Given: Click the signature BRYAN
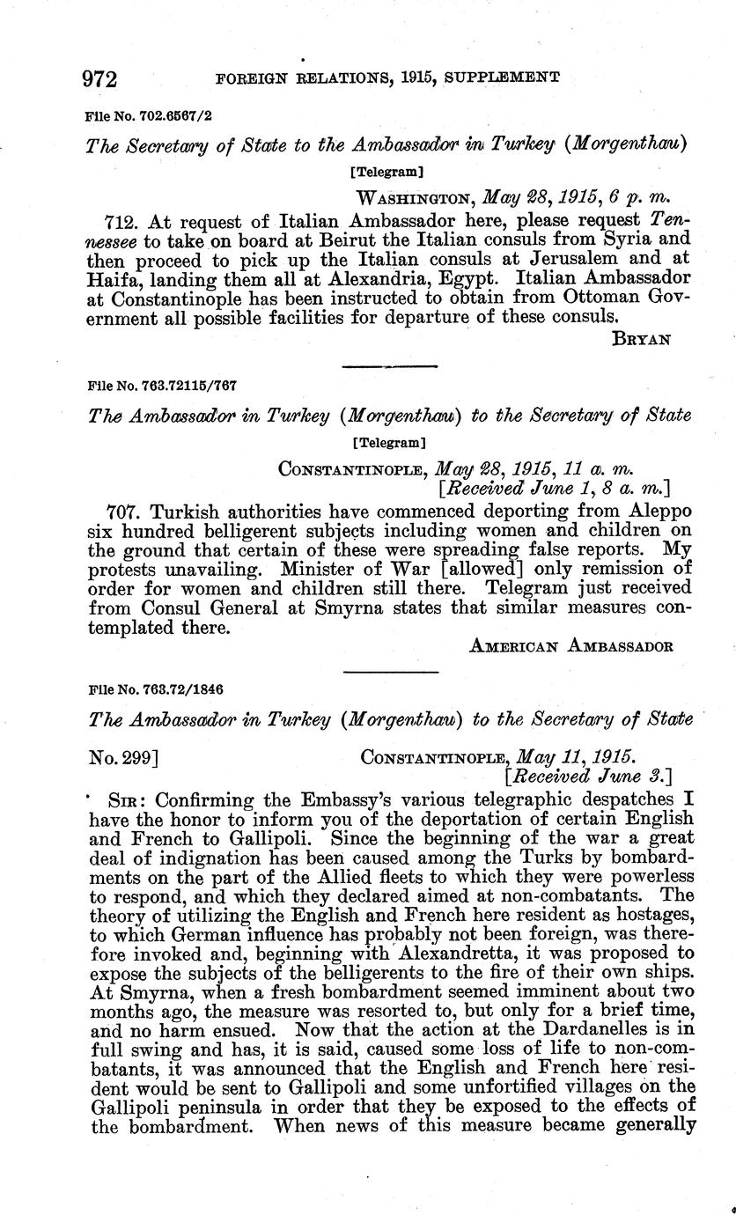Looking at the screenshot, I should pos(642,339).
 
